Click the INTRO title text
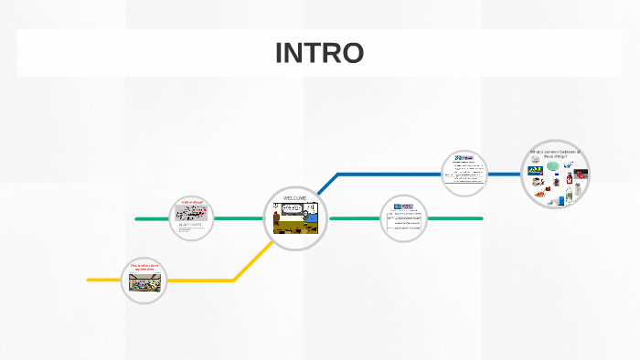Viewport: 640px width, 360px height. coord(319,54)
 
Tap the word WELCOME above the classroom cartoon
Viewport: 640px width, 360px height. coord(294,198)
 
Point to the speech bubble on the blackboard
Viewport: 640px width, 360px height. coord(291,209)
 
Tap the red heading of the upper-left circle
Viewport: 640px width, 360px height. coord(193,203)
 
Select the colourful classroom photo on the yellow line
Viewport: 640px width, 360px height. coord(144,284)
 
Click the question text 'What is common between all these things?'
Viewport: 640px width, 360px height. coord(555,154)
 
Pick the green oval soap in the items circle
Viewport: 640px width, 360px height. coord(553,166)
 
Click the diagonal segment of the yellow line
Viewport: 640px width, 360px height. coord(253,261)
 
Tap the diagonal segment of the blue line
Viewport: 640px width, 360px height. coord(327,183)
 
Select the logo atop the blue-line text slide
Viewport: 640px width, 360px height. coord(464,157)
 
